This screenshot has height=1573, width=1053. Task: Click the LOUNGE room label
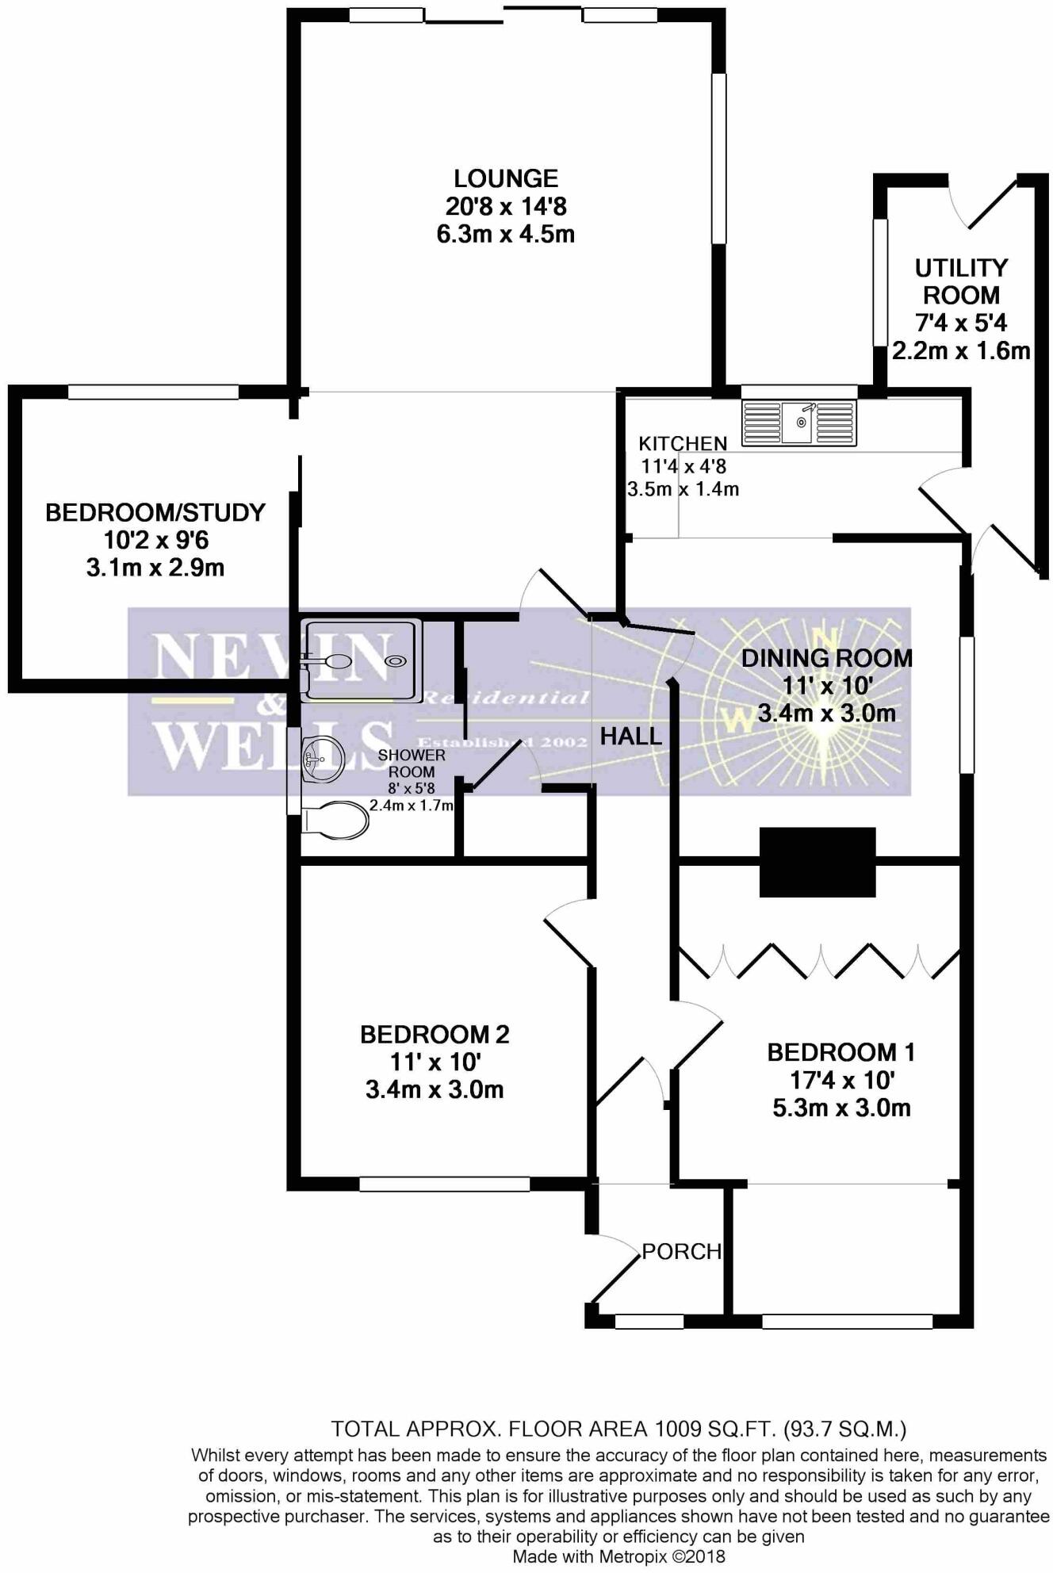tap(505, 178)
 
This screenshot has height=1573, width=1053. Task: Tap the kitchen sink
tap(798, 423)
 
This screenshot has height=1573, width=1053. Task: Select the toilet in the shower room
tap(335, 819)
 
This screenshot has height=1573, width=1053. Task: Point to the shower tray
tap(362, 660)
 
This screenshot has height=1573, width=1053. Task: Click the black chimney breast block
tap(818, 862)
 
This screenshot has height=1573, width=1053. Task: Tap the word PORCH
tap(681, 1251)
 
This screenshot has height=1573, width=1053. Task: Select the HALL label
tap(630, 737)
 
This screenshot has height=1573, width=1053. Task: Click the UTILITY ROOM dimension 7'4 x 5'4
tap(961, 323)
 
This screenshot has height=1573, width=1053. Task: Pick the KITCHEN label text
tap(683, 444)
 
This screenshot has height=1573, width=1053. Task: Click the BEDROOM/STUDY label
tap(155, 512)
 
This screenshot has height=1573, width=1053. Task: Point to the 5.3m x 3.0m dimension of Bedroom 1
tap(841, 1108)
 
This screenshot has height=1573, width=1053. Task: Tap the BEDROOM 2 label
tap(435, 1034)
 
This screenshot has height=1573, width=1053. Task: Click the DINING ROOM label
tap(827, 657)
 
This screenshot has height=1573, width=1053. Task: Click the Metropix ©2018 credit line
tap(618, 1556)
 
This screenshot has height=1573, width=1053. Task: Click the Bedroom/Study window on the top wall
tap(153, 391)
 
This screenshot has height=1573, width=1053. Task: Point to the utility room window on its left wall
tap(879, 281)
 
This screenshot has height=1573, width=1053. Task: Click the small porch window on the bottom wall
tap(649, 1321)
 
